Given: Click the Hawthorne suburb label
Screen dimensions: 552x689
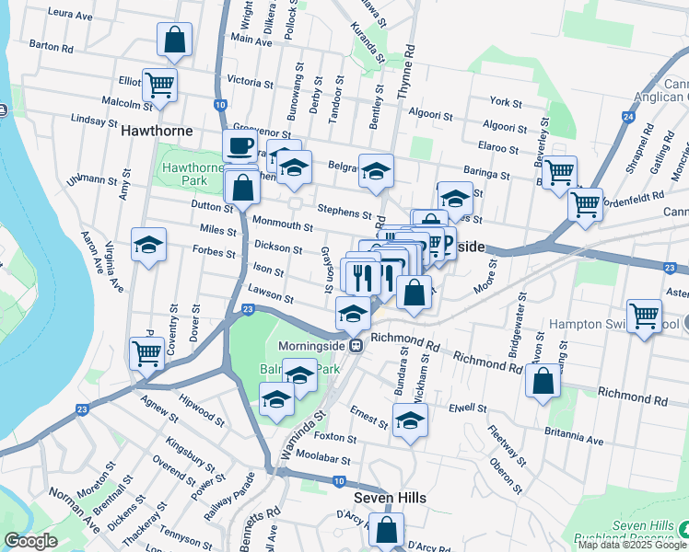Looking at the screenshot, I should coord(158,132).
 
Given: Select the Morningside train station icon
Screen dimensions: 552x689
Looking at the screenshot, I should coord(364,346).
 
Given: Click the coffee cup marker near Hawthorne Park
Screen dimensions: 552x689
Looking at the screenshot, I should coord(239,145).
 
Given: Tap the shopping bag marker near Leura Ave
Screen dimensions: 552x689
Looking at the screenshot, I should coord(174,40).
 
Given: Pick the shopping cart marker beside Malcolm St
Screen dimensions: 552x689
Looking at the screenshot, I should coord(160,86).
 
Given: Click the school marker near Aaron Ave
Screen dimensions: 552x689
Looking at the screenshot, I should coord(148,246).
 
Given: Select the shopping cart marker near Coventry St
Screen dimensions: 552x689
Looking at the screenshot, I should coord(146,352).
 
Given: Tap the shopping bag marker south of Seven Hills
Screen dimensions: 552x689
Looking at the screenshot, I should coord(386,530).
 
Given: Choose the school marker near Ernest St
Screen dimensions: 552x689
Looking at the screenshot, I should coord(410,421).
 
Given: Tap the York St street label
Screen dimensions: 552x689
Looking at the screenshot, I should coord(507,101).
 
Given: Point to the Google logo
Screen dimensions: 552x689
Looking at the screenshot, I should coord(31,541).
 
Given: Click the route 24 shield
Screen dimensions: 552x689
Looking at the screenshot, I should coord(628,117).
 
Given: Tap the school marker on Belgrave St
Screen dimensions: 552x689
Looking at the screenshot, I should coord(375,171).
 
